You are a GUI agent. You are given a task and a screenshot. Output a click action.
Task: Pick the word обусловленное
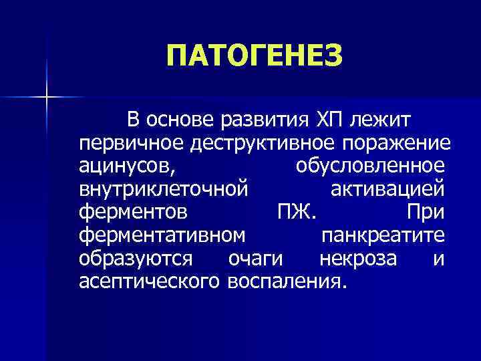click(x=370, y=166)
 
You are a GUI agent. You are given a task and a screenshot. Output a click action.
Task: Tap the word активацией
click(x=387, y=189)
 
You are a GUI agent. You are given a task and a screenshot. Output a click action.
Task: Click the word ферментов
click(x=132, y=212)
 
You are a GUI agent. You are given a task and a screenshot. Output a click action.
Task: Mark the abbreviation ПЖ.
click(x=299, y=212)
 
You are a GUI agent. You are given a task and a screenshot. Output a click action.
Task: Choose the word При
click(x=425, y=212)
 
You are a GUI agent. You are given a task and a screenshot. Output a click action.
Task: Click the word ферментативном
click(x=162, y=235)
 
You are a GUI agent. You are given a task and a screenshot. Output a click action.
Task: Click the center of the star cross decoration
click(x=46, y=98)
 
